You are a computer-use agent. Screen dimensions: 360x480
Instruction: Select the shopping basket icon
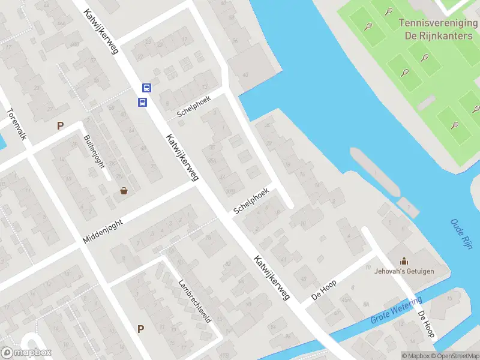coord(124,191)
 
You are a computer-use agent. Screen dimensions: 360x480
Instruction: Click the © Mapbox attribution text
coord(415,356)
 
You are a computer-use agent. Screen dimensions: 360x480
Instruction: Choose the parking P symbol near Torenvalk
coord(59,125)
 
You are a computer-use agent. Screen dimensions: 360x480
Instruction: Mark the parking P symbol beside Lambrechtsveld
coord(140,329)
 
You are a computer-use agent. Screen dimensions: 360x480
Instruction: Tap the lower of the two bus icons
coord(143,102)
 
